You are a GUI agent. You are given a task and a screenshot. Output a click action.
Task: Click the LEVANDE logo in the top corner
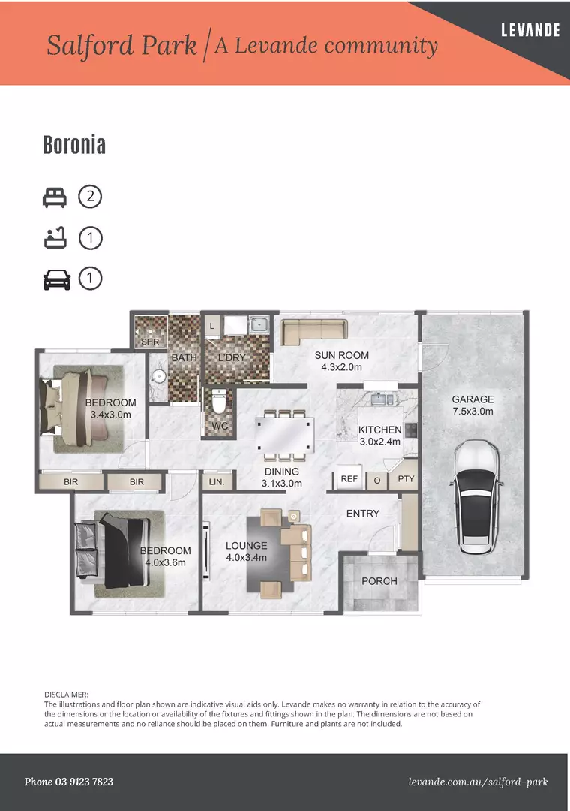pos(530,31)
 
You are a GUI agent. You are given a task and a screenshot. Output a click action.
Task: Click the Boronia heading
pos(74,145)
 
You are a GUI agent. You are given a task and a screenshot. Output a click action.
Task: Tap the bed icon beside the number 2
pos(54,197)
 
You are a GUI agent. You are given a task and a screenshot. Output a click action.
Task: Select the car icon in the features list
pos(54,279)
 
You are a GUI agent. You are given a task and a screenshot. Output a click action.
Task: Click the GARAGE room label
pos(472,399)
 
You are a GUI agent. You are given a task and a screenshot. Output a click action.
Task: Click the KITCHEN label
pos(379,430)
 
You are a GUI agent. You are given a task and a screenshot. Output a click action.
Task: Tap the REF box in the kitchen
pos(349,478)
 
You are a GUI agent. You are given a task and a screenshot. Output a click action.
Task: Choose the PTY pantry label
pos(406,478)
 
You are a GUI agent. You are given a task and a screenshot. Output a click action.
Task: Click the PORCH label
pos(379,581)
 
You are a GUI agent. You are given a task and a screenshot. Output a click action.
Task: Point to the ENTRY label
pos(362,514)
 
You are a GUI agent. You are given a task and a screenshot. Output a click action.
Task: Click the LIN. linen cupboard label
pos(216,481)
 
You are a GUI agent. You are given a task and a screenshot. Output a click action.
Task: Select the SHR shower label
pos(150,342)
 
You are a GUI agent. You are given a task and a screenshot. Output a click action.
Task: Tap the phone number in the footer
pos(69,782)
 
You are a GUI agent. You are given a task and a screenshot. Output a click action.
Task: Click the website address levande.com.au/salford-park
pos(478,782)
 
